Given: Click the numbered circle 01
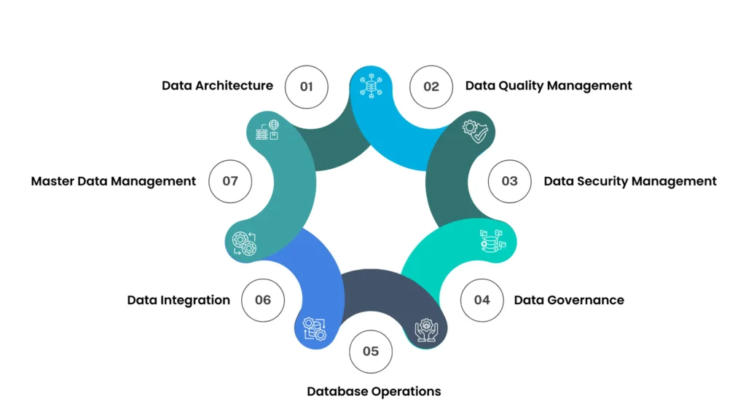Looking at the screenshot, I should pos(306,87).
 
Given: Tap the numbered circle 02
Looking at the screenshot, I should pos(431,87).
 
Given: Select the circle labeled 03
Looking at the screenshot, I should pos(509,181).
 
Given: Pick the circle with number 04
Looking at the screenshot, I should pos(482,300).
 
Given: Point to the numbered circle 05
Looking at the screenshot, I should pos(371,352).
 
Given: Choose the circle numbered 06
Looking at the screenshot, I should pos(263,300).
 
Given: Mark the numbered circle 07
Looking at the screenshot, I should pos(230,181).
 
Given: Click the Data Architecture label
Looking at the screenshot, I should pos(217,86).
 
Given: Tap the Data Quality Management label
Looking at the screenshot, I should pos(549,86).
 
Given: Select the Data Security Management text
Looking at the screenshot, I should pos(630,181).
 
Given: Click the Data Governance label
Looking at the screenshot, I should pos(569,300).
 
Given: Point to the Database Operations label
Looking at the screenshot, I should pos(374,392).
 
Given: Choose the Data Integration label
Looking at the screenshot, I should pos(178,300).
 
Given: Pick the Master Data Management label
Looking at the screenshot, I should pos(114,181).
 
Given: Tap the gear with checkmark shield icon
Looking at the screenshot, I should pos(474,132).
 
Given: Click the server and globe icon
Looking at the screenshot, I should pos(267,131).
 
